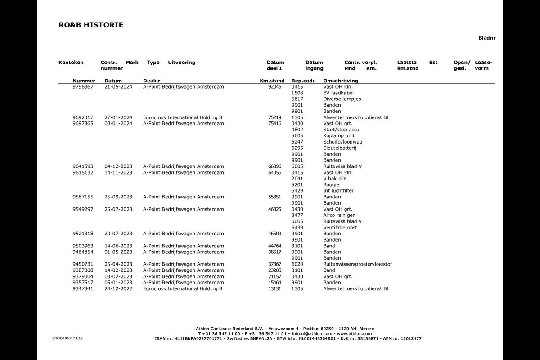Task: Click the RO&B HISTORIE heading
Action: tap(90, 25)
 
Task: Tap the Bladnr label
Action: tap(486, 38)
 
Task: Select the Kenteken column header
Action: tap(71, 63)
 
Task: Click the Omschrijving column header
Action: tap(341, 81)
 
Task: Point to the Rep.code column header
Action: tap(303, 81)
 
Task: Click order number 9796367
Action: tap(83, 87)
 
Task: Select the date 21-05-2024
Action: tap(118, 87)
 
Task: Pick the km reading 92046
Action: tap(274, 87)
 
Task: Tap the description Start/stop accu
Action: tap(341, 130)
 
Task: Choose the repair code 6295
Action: tap(297, 148)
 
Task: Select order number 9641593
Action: tap(83, 166)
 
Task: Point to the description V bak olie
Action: tap(335, 179)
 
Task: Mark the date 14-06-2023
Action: tap(118, 246)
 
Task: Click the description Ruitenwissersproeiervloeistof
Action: tap(357, 264)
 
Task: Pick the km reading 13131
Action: tap(274, 289)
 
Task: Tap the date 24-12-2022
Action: tap(118, 289)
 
